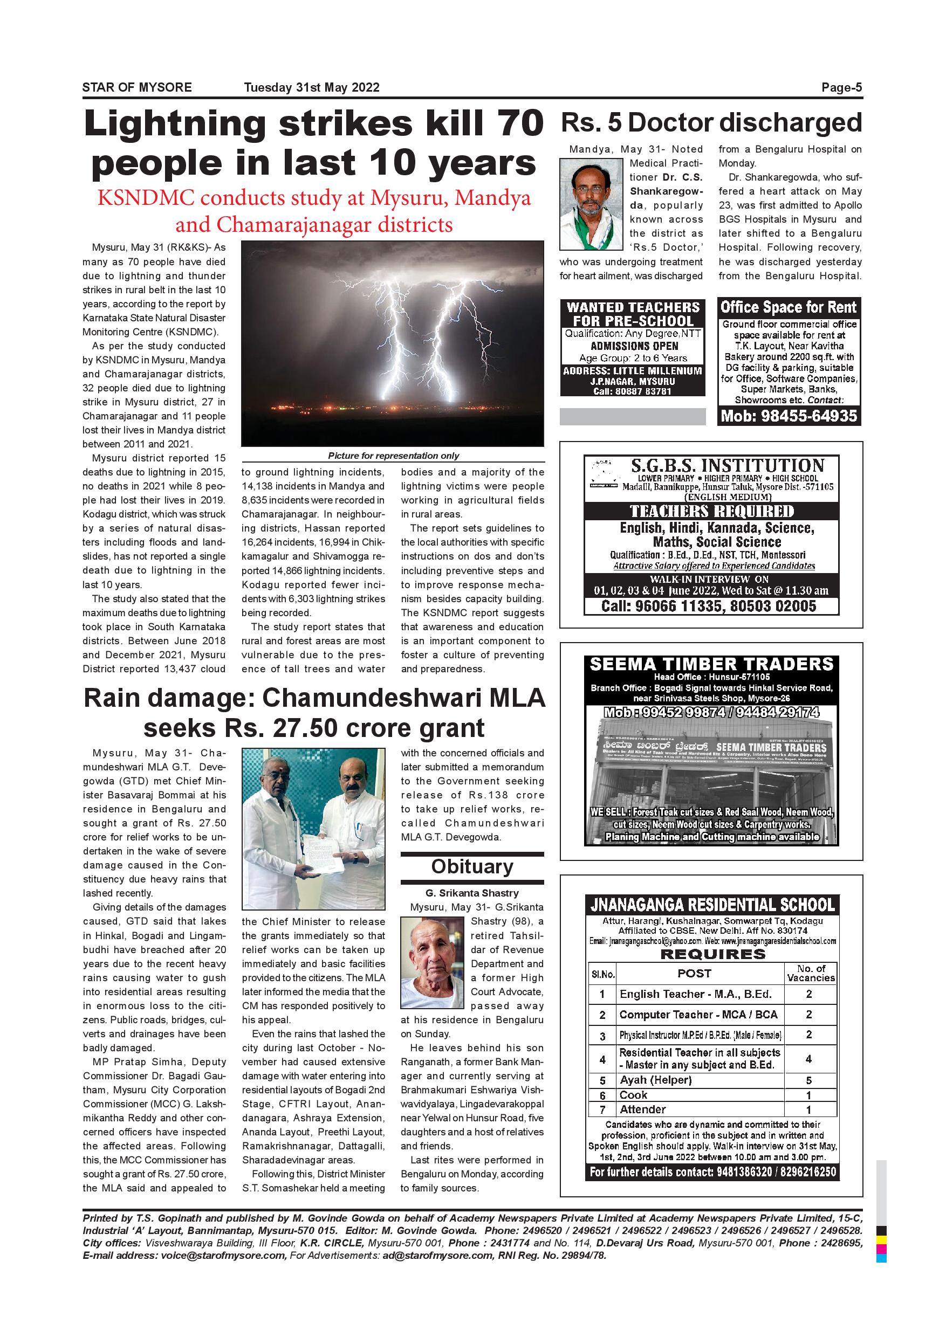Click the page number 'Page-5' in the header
(841, 88)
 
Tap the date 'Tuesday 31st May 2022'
(312, 88)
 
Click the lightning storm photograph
(392, 344)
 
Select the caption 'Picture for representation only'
(393, 456)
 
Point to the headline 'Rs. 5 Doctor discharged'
(711, 123)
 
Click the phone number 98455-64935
(789, 416)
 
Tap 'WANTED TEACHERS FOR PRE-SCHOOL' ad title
(633, 314)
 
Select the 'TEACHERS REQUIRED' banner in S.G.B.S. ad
(711, 511)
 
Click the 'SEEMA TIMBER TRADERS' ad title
(711, 664)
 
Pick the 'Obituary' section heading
(472, 867)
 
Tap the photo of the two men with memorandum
(313, 829)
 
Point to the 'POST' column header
(694, 974)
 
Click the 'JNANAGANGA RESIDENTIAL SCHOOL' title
(711, 905)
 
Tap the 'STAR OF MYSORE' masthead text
(137, 88)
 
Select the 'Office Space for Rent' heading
(789, 307)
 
